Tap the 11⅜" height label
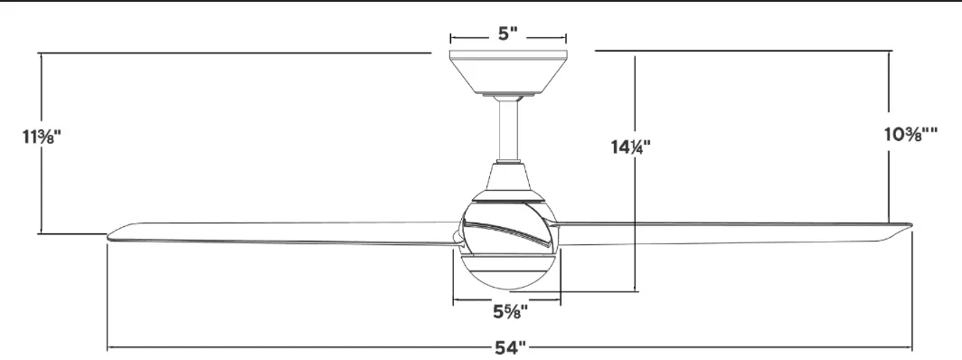42,137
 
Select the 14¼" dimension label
630,147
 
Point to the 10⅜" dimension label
910,134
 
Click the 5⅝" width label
511,312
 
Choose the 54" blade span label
511,347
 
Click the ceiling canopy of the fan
508,71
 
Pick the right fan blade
733,233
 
